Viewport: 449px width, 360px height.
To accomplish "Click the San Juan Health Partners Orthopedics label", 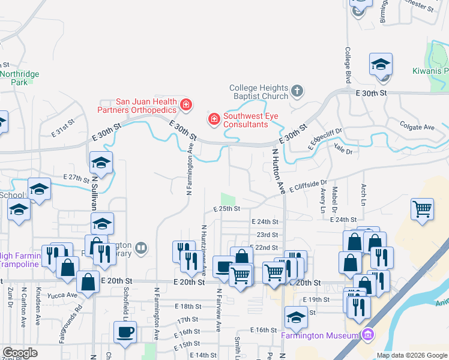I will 138,106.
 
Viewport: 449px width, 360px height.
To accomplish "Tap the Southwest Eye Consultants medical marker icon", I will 213,120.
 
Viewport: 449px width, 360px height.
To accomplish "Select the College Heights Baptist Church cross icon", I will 297,92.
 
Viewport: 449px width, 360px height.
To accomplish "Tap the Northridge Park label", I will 19,78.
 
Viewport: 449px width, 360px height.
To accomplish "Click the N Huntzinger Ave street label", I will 204,250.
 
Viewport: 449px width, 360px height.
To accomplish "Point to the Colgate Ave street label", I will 417,127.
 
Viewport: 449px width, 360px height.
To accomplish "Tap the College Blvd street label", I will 347,65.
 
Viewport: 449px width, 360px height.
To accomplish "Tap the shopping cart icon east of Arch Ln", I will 423,210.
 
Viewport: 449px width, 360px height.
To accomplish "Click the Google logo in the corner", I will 20,353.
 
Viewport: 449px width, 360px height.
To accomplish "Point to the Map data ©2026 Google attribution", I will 412,355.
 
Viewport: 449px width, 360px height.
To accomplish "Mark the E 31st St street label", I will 63,130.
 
